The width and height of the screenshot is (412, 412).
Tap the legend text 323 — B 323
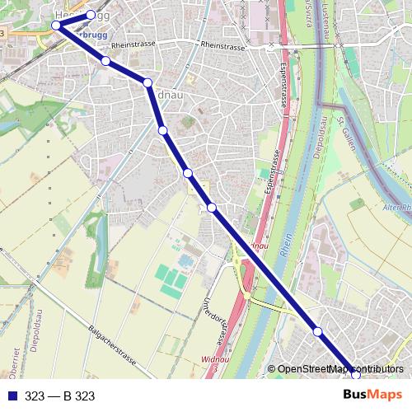coord(60,396)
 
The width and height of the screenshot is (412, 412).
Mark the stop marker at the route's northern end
coord(91,15)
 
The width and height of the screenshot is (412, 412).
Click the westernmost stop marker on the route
coord(56,26)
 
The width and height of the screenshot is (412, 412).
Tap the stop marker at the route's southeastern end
coord(354,373)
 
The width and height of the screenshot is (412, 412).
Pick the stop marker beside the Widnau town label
coord(147,82)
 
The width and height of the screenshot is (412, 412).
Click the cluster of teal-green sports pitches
coord(172,280)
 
